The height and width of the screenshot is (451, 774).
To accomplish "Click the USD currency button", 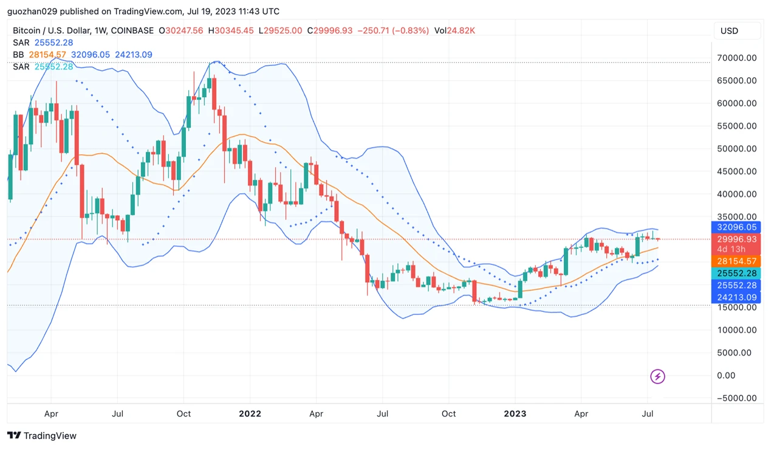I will [737, 31].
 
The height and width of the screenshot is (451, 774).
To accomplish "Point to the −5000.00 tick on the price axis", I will [736, 398].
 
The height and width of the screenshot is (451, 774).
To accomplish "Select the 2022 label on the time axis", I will [250, 414].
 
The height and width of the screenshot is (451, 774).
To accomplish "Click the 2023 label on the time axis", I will [515, 414].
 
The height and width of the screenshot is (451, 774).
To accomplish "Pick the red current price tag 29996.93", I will [736, 239].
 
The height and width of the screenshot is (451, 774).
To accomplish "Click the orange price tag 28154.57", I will [736, 261].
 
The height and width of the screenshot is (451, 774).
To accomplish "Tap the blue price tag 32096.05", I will [736, 227].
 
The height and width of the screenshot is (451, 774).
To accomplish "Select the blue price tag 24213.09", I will [736, 297].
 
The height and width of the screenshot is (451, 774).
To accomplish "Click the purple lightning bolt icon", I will [657, 376].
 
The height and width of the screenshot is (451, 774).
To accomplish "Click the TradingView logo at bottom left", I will [42, 436].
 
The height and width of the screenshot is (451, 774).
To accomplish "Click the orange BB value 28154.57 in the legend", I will [47, 55].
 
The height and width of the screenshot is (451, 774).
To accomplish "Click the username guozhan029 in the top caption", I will [30, 11].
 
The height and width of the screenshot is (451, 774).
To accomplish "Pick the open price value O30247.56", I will [180, 30].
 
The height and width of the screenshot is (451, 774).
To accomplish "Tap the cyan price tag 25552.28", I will [736, 274].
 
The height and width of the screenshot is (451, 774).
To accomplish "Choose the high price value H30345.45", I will [231, 30].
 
